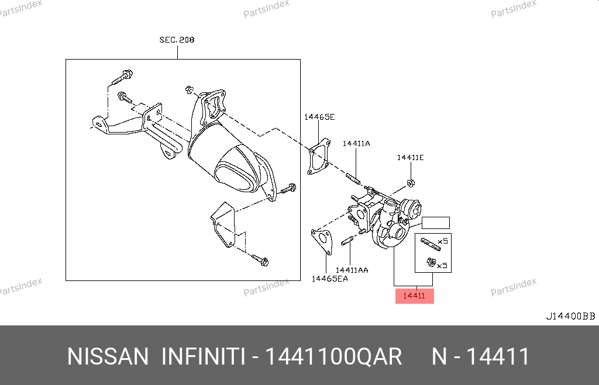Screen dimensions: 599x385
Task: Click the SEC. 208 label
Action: coord(177,40)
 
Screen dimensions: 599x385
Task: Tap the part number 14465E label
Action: coord(319,117)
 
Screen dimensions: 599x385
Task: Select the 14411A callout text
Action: coord(356,144)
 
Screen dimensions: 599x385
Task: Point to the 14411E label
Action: coord(410,158)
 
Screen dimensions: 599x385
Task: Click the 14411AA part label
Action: coord(352,270)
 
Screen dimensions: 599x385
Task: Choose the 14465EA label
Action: coord(330,279)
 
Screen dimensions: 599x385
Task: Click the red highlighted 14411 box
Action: coord(415,296)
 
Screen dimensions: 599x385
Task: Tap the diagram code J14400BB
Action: coord(571,316)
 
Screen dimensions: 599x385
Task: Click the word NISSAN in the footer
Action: coord(108,357)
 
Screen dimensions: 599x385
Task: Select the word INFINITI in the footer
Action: coord(203,357)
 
